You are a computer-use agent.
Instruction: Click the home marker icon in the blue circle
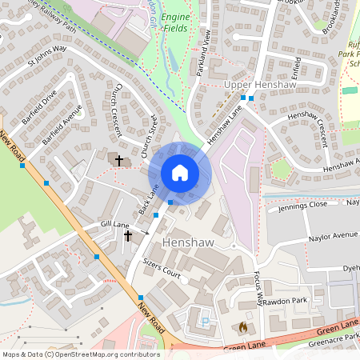point(180,173)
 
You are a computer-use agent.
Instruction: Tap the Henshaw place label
point(189,242)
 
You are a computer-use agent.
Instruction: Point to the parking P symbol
point(205,322)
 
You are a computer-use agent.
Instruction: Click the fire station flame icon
point(243,326)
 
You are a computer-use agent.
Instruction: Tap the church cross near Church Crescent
point(119,161)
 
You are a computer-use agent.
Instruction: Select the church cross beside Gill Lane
point(126,236)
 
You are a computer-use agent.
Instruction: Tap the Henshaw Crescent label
point(306,128)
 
